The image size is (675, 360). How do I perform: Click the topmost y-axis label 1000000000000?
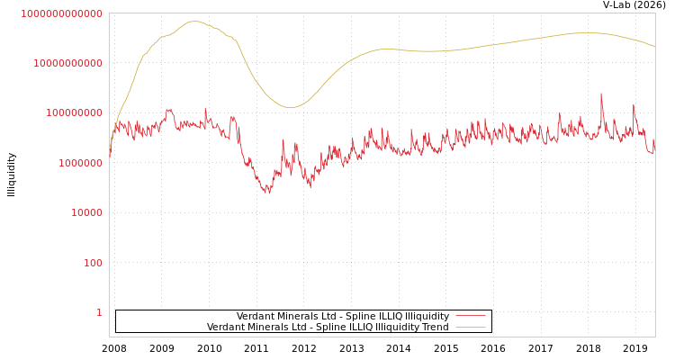click(61, 13)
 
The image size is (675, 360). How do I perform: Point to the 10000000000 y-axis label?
click(67, 63)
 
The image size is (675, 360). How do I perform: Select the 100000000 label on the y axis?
click(74, 113)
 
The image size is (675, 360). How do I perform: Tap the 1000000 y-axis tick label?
click(80, 163)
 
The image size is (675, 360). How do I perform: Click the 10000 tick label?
click(86, 213)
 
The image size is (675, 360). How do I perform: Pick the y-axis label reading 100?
click(93, 263)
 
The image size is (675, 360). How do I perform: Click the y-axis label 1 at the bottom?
click(99, 312)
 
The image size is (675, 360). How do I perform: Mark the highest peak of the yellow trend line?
click(194, 21)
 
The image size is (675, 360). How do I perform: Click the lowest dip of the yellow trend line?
click(291, 108)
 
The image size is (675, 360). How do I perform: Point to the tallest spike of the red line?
click(601, 94)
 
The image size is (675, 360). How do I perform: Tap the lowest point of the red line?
click(267, 193)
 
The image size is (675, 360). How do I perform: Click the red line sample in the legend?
click(470, 316)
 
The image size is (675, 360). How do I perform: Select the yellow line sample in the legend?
click(470, 327)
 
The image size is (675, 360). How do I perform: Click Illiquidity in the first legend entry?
click(427, 316)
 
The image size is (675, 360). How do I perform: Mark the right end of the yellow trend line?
click(654, 46)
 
